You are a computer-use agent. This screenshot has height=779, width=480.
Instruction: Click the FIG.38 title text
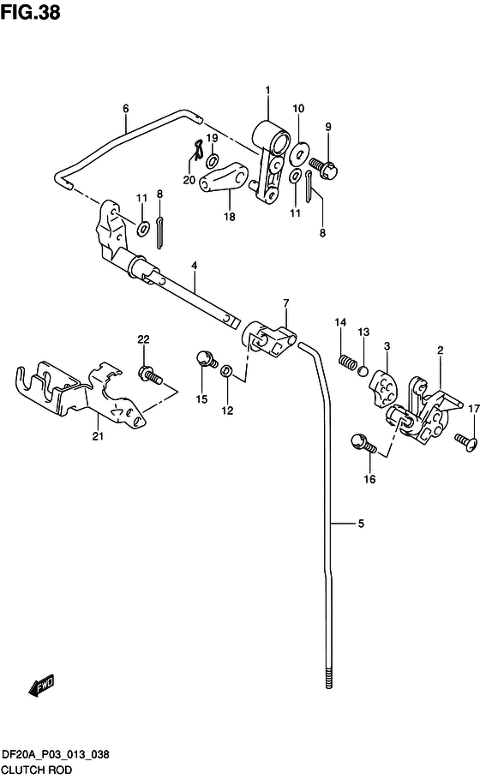coord(30,12)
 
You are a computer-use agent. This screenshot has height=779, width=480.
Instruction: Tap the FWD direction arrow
coord(41,686)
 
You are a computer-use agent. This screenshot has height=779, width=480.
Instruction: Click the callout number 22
coord(143,339)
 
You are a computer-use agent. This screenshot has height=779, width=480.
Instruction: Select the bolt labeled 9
coord(323,167)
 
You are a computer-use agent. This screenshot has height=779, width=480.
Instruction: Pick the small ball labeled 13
coord(363,370)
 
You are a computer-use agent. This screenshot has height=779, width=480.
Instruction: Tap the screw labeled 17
coord(465,440)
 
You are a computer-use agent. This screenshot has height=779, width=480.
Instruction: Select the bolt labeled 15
coord(207,359)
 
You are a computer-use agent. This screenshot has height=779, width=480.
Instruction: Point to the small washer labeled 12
coord(227,370)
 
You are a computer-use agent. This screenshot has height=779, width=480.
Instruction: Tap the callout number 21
coord(98,436)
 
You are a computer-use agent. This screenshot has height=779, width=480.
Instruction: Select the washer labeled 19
coord(213,160)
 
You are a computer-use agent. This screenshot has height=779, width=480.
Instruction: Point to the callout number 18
coord(229,217)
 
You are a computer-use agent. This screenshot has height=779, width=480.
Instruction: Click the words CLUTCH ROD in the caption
coord(37,770)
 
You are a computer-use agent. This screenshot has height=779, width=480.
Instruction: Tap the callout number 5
coord(361,523)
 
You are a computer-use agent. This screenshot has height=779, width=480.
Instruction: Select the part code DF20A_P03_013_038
coord(55,755)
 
